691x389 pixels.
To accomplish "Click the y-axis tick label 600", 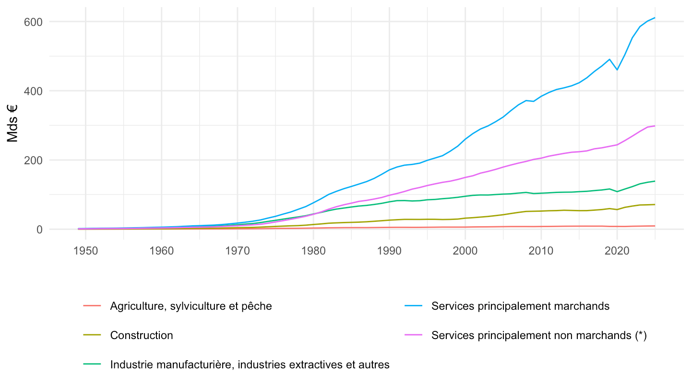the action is click(33, 22).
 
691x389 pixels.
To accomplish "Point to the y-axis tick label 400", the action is click(33, 91).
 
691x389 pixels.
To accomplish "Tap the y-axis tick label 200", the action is click(33, 160).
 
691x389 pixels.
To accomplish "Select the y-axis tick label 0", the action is click(39, 230).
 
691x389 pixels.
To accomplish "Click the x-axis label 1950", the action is click(85, 251).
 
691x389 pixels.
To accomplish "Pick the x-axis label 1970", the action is click(238, 251).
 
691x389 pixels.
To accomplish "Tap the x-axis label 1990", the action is click(389, 251).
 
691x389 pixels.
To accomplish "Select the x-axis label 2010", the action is click(541, 251).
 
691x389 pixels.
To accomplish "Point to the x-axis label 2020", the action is click(617, 251).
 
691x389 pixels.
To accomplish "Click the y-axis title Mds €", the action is click(12, 123).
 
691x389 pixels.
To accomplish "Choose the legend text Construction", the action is click(142, 335).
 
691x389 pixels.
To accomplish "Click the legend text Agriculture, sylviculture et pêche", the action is click(191, 306).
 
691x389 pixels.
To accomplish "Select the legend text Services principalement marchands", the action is click(520, 306).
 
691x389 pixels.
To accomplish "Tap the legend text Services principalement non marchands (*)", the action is click(539, 336).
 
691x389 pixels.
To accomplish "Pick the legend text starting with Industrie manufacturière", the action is click(250, 365).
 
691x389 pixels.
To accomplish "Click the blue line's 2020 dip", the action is click(617, 70).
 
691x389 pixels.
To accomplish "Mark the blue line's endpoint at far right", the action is click(655, 18).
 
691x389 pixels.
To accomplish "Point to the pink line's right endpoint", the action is click(655, 126).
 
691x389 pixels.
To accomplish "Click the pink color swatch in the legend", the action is click(413, 335).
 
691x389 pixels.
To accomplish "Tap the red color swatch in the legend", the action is click(92, 306).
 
